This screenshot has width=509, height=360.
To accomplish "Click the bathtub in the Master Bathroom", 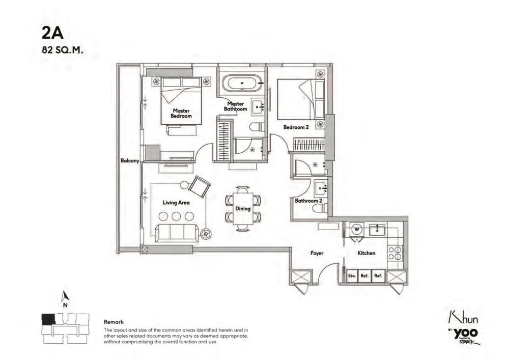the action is coord(242,84).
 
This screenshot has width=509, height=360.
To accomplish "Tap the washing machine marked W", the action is coord(357,229).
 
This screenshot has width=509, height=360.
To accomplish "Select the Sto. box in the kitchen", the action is coord(352,276).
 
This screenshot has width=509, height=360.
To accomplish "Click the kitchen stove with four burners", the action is coord(395,253).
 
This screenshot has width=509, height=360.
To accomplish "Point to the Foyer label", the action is coord(317,253).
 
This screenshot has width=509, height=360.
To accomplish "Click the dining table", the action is coord(243,208).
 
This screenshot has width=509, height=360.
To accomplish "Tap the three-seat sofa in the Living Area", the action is coord(177,233).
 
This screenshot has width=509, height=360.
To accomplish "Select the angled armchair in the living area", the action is coord(200,186).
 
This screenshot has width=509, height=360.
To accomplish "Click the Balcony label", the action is coord(130,160).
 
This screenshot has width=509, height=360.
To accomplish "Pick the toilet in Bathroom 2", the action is coord(320,209).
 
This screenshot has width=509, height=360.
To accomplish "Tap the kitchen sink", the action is coord(377,230).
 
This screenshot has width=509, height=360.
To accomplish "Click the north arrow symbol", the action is coord(66,296).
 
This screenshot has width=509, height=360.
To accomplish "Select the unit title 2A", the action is coord(52,33).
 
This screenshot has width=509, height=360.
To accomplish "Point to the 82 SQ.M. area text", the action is coord(63,50).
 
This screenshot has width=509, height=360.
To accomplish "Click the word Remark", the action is coord(114,322).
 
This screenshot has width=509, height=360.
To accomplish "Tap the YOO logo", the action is coord(465,334).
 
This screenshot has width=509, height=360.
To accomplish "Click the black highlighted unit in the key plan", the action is coord(48,319).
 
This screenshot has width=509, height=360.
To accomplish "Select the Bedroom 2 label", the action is coord(296,127).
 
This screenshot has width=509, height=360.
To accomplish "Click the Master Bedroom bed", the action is coord(181,101).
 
